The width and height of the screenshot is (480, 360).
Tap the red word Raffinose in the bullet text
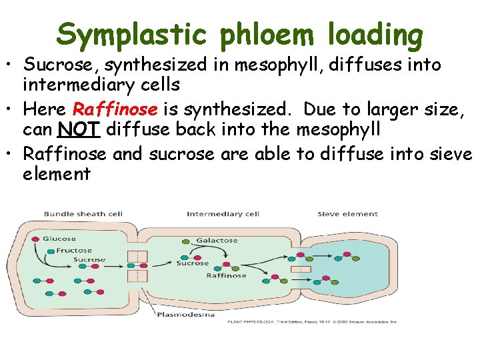pyautogui.click(x=115, y=109)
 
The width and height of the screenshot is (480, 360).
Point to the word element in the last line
pyautogui.click(x=57, y=175)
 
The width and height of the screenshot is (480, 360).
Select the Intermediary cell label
pyautogui.click(x=223, y=215)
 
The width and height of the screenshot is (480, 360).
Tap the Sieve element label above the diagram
pyautogui.click(x=347, y=215)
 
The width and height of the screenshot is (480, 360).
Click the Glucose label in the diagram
pyautogui.click(x=59, y=239)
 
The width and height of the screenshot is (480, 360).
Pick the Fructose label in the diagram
pyautogui.click(x=74, y=251)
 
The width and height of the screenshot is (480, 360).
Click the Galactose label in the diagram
pyautogui.click(x=217, y=241)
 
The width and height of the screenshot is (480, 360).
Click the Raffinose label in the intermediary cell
pyautogui.click(x=226, y=275)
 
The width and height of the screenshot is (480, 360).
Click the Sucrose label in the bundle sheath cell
pyautogui.click(x=89, y=260)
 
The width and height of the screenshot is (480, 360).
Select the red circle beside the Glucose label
pyautogui.click(x=35, y=238)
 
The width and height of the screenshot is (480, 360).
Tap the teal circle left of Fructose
pyautogui.click(x=51, y=251)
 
